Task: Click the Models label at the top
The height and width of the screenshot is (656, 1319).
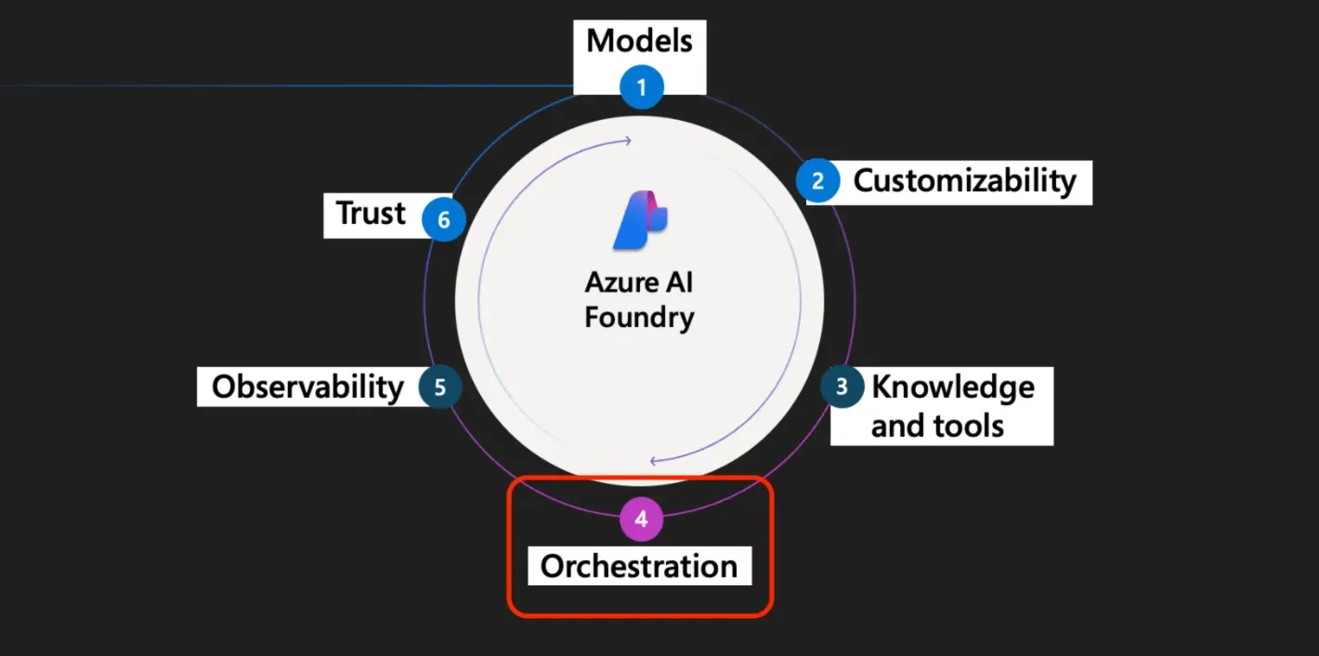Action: (x=639, y=42)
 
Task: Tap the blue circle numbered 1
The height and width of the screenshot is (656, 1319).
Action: (x=641, y=88)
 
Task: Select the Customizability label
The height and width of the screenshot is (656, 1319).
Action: (x=964, y=180)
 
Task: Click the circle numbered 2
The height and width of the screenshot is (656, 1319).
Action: (x=818, y=181)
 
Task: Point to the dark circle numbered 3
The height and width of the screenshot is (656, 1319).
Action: (x=842, y=387)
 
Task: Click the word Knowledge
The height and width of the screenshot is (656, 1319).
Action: (x=952, y=387)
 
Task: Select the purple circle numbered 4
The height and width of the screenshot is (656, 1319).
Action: (x=641, y=519)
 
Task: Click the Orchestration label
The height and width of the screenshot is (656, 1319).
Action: (x=639, y=566)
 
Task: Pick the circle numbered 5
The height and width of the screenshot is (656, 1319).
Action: (x=439, y=387)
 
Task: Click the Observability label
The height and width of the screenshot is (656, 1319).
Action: (x=307, y=387)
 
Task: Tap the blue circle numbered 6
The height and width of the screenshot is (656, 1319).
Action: (x=443, y=220)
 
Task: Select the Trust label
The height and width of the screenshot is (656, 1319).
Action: (x=372, y=214)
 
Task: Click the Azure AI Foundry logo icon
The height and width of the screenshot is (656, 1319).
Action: (x=640, y=220)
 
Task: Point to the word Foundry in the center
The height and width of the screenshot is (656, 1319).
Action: (x=639, y=318)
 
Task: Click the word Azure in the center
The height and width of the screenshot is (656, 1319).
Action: (x=620, y=282)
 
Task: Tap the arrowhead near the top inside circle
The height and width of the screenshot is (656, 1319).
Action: (x=628, y=141)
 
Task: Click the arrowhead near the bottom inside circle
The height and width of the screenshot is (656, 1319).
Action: (x=654, y=460)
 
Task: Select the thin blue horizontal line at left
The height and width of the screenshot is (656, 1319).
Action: (x=279, y=85)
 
